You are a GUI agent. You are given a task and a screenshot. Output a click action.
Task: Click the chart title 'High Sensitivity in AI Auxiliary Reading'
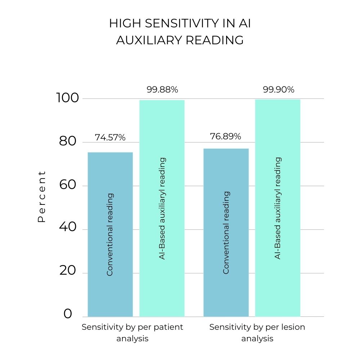(180, 32)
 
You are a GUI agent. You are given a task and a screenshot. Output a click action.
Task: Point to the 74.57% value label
(110, 137)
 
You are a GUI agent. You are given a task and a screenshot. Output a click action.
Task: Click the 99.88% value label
(162, 90)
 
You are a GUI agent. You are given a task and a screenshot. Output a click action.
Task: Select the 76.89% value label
(225, 136)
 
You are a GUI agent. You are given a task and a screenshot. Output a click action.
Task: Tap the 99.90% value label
(278, 90)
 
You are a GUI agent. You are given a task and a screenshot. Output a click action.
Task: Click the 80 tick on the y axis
(68, 142)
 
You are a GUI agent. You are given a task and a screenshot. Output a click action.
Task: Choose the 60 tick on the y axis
(68, 185)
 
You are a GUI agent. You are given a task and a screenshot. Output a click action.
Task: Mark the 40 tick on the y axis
(68, 229)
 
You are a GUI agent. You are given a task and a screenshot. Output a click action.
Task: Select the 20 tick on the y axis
(68, 273)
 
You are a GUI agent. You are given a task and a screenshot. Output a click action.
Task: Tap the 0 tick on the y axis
(68, 314)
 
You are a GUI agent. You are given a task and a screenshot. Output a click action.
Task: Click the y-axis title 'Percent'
(42, 196)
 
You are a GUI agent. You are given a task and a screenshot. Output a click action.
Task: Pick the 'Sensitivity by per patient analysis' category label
(132, 333)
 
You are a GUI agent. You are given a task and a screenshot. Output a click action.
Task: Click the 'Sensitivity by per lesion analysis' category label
(257, 333)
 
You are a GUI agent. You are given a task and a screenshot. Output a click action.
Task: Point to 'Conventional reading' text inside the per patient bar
(110, 234)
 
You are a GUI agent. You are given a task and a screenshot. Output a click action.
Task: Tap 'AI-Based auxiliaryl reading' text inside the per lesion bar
(278, 208)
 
